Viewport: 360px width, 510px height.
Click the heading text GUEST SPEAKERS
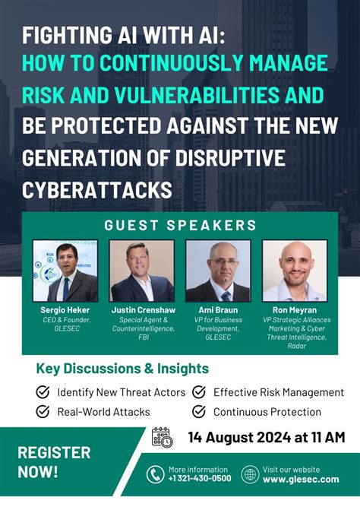180,225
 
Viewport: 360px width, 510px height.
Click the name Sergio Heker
65,310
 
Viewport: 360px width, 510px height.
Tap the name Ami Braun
218,310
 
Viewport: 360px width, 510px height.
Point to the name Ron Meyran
295,310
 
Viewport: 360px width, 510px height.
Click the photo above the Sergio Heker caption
65,271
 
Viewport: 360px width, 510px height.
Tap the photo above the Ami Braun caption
218,271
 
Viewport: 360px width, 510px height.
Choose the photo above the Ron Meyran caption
295,271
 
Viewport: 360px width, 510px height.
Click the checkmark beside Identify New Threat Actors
44,392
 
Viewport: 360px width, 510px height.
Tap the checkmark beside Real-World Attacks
44,412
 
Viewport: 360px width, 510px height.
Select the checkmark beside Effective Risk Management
199,392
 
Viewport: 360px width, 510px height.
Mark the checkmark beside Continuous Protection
199,412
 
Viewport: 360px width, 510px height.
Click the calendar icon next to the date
162,437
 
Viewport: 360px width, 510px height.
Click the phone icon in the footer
156,475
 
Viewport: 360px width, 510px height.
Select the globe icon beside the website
250,475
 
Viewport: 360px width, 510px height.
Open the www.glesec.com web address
301,480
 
